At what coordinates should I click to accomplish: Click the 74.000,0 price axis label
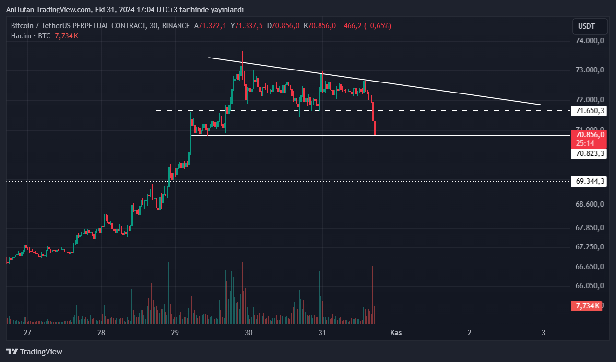tap(589, 41)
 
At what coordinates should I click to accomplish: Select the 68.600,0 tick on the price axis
tap(589, 204)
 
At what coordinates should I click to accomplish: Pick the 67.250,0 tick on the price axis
tap(589, 246)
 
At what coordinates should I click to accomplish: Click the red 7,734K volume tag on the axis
tap(586, 305)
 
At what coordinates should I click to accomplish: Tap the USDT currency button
tap(586, 26)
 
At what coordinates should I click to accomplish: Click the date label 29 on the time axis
tap(175, 333)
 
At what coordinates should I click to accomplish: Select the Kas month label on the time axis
tap(396, 333)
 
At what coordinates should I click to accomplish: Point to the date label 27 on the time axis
tap(27, 333)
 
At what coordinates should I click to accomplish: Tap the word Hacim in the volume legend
tap(21, 36)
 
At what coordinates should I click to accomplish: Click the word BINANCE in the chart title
tap(176, 26)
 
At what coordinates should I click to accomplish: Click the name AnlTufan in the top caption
tap(20, 10)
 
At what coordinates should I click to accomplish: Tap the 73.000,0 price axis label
tap(589, 70)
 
